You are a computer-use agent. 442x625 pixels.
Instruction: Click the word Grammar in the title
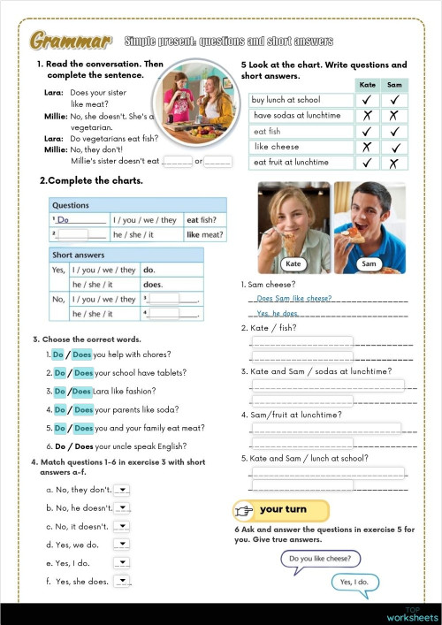(71, 41)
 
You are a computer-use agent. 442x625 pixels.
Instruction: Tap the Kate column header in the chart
(366, 85)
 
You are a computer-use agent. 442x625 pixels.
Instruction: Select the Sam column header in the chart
(394, 85)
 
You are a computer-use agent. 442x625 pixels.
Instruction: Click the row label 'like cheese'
(277, 147)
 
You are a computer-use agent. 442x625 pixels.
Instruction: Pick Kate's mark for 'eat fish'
(366, 132)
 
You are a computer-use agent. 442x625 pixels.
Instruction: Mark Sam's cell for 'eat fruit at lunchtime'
(395, 163)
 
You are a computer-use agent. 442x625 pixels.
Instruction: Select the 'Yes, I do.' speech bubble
(354, 582)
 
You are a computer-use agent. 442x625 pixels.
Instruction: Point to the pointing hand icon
(245, 510)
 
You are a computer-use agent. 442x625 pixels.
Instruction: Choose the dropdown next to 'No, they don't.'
(122, 489)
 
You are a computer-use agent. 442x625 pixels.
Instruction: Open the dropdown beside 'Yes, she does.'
(122, 581)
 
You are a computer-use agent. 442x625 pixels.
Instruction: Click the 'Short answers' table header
(78, 255)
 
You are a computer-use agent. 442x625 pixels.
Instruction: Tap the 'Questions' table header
(71, 205)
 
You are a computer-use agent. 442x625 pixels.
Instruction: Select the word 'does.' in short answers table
(153, 285)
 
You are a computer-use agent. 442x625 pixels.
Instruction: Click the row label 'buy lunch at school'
(286, 100)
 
